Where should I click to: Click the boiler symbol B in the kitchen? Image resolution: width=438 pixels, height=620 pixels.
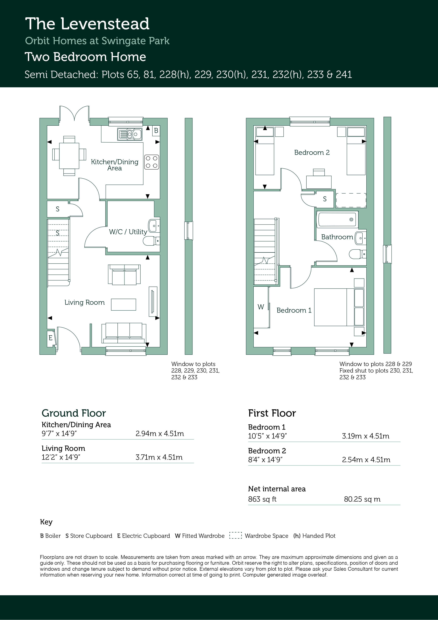point(156,131)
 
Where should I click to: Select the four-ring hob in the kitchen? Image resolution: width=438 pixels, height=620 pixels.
point(151,162)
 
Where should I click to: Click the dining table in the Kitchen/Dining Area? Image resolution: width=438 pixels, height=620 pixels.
point(69,156)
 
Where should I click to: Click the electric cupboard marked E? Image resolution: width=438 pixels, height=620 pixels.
point(51,338)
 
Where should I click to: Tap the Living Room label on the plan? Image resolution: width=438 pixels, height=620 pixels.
point(84,302)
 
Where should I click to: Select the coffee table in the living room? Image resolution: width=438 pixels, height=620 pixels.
point(124,305)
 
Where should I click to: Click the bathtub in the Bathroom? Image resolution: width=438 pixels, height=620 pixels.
point(337,219)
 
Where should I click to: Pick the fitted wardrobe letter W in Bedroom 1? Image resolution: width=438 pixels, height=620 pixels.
point(261,307)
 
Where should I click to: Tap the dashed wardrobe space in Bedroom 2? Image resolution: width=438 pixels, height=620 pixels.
point(351,200)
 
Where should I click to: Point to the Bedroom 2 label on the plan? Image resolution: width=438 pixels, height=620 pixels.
point(312,153)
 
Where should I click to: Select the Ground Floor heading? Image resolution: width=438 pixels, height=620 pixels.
point(74,413)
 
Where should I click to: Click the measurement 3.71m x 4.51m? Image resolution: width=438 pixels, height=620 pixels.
point(159,457)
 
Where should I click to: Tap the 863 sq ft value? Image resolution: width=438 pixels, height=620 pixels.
point(262,499)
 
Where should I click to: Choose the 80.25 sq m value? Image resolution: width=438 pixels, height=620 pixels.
point(362,499)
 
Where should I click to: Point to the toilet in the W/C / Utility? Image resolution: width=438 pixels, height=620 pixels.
point(151,241)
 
